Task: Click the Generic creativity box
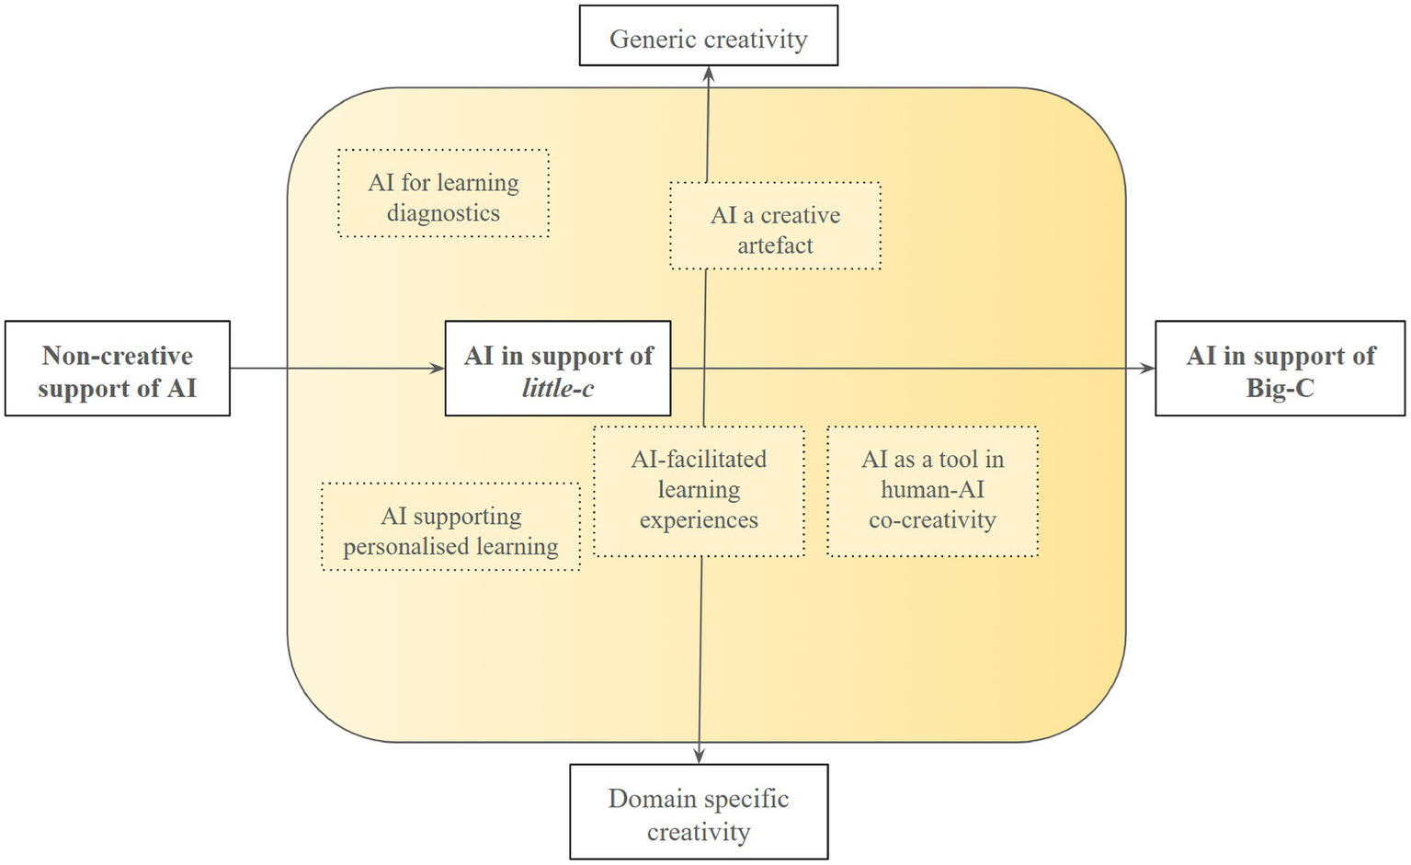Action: [x=708, y=36]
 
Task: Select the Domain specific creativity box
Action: [x=699, y=812]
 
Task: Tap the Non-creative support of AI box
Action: [x=117, y=369]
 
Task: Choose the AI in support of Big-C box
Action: [x=1280, y=369]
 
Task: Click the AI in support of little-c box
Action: [x=558, y=369]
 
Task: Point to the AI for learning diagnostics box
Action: [x=443, y=194]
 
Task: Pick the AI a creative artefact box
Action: [x=775, y=226]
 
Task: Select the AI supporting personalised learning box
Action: [x=450, y=528]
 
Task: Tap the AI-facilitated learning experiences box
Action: [x=699, y=491]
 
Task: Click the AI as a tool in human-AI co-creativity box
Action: [x=932, y=491]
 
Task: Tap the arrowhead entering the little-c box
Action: [x=438, y=369]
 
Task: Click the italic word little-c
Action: [x=558, y=389]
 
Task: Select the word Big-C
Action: [x=1280, y=389]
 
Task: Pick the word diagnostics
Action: [x=443, y=213]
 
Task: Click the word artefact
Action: [x=775, y=245]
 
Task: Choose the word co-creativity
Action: [x=932, y=520]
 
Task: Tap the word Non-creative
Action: [x=117, y=356]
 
